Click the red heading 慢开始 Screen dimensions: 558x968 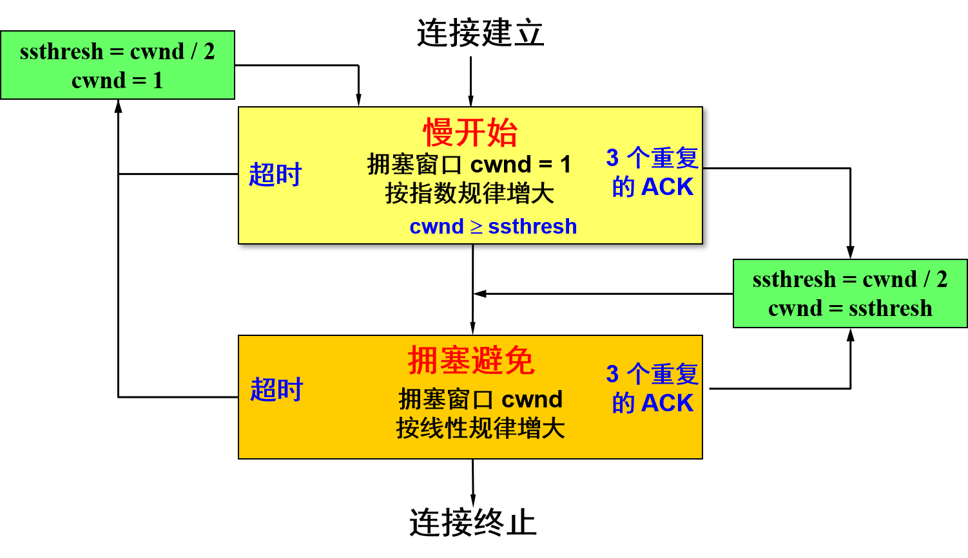(470, 133)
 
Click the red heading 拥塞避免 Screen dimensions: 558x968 (470, 360)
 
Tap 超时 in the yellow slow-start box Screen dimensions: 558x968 (275, 174)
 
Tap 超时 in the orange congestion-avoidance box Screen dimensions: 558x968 (276, 389)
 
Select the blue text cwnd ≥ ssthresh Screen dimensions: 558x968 (493, 227)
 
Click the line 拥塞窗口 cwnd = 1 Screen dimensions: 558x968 (469, 165)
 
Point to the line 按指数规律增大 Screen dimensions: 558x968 (469, 193)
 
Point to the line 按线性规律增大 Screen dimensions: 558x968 (480, 428)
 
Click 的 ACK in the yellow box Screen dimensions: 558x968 (652, 187)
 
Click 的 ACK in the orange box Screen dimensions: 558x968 (652, 404)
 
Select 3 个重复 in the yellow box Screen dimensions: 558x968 (652, 158)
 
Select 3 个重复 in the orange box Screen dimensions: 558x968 (652, 374)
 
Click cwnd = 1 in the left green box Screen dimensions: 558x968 (117, 80)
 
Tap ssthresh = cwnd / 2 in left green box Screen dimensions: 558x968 (117, 51)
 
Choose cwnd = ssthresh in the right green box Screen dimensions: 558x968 (850, 308)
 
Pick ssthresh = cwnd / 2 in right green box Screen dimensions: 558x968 (850, 279)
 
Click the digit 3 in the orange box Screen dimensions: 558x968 (612, 374)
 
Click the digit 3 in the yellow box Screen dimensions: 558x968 (612, 158)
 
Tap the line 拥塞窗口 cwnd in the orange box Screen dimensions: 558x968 (480, 399)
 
